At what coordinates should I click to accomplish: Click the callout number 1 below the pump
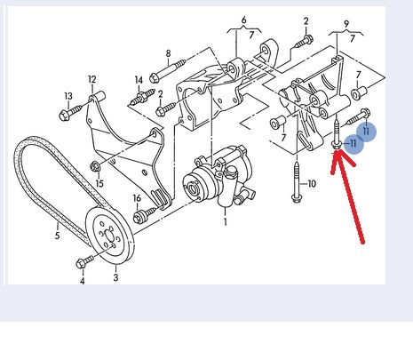[226, 221]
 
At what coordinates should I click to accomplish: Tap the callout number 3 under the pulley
[115, 277]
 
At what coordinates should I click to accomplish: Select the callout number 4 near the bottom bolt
[82, 281]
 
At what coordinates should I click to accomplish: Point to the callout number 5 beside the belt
[57, 236]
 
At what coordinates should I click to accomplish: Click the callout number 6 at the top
[243, 20]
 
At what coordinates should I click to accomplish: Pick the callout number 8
[168, 53]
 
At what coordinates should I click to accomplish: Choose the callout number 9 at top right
[346, 24]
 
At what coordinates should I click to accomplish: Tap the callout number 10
[312, 184]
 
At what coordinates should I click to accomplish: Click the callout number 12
[92, 79]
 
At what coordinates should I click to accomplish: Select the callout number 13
[68, 96]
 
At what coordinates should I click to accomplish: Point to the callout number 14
[139, 80]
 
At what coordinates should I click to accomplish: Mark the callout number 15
[99, 183]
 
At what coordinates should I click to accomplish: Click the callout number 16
[137, 198]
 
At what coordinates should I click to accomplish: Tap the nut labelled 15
[95, 167]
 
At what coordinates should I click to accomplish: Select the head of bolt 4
[81, 263]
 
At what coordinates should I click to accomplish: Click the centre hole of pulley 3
[109, 236]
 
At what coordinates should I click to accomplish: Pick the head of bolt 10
[295, 197]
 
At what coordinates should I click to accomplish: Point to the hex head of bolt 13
[64, 116]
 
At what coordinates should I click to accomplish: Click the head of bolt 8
[155, 78]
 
